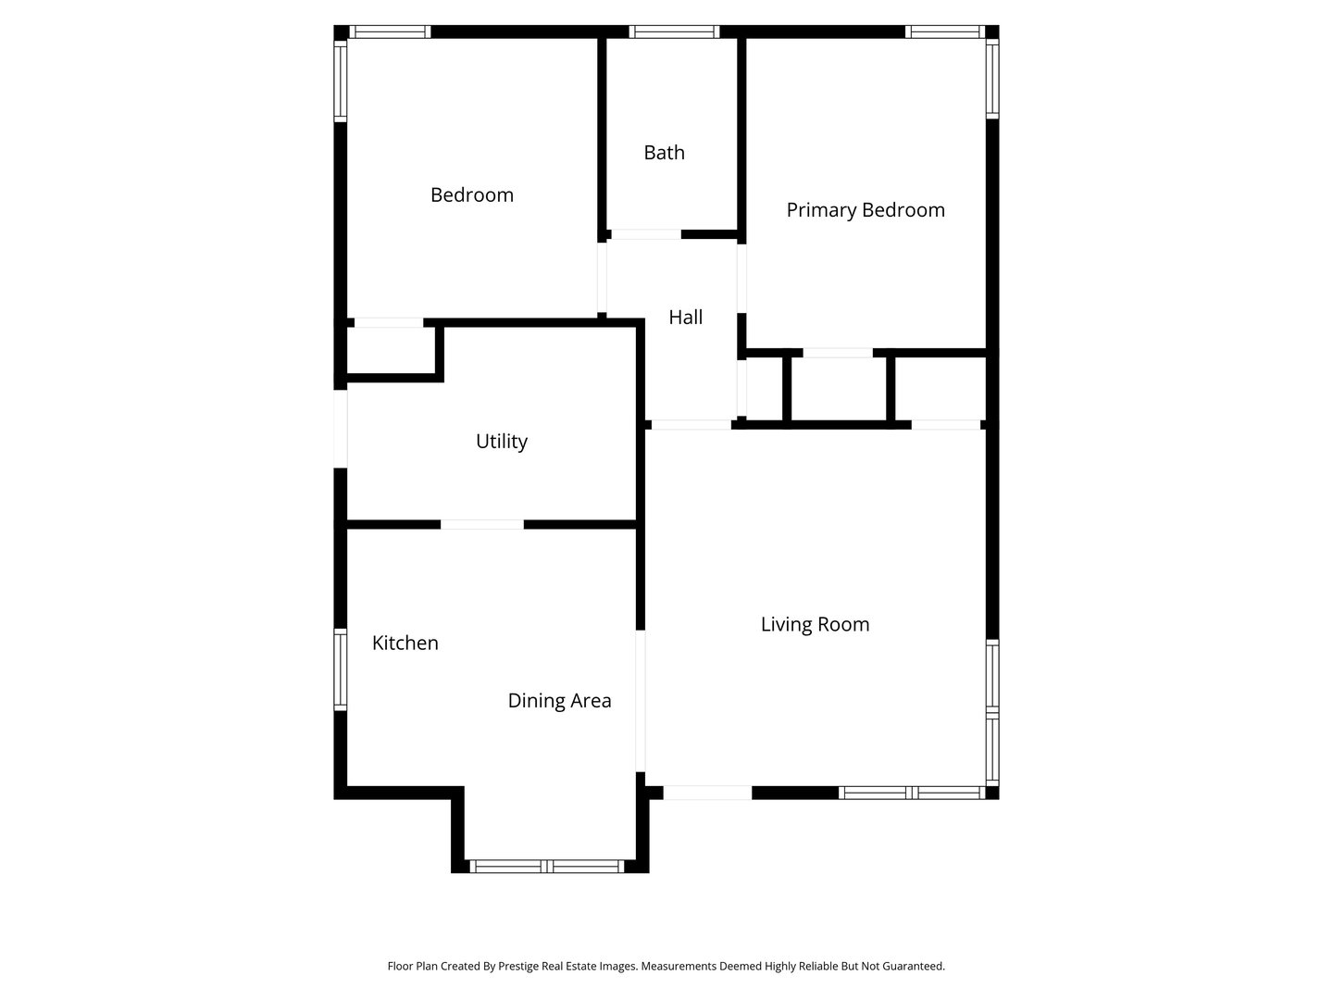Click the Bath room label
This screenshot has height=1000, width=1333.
point(664,153)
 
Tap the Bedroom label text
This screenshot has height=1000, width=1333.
point(471,195)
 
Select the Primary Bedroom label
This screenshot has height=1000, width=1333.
point(866,210)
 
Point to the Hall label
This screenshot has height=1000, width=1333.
point(685,318)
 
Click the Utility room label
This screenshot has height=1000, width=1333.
point(501,442)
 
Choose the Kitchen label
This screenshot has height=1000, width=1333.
point(405,644)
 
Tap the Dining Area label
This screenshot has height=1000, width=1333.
point(559,701)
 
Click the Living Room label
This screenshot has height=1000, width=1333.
point(815,625)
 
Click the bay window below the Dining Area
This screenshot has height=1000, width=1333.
point(548,867)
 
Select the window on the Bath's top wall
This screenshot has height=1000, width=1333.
point(674,31)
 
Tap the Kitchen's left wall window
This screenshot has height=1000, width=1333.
point(341,670)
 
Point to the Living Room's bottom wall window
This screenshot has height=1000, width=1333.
point(912,793)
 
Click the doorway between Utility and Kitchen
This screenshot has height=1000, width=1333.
point(481,525)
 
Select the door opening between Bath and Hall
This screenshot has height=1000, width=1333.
point(645,234)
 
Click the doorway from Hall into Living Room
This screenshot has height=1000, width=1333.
point(691,425)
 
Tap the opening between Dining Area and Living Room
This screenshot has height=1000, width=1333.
point(640,701)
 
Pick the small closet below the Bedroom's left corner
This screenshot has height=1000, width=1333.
point(390,350)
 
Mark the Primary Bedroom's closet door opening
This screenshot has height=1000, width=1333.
point(837,353)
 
